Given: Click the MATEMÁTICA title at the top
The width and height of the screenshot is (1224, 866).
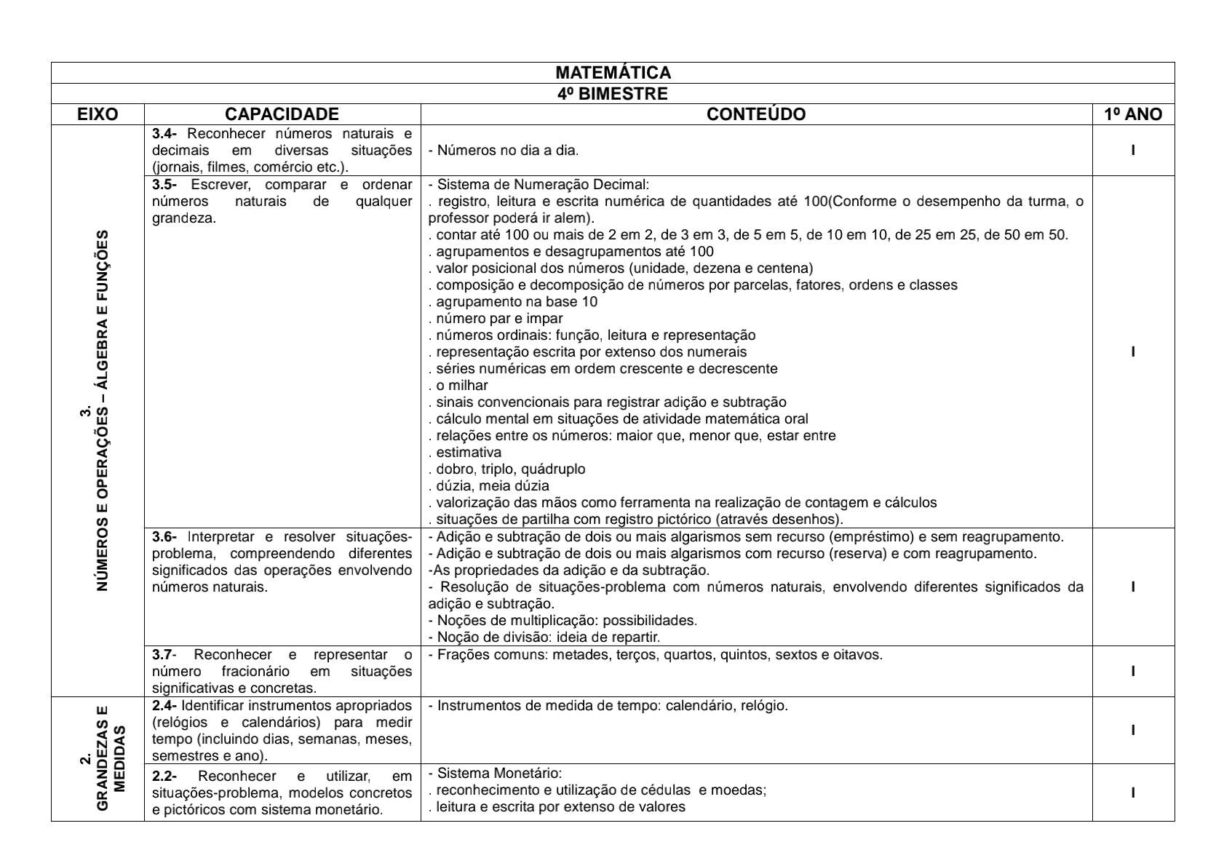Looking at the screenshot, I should [x=613, y=73].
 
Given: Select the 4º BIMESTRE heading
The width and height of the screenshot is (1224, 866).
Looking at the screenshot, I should [x=613, y=94].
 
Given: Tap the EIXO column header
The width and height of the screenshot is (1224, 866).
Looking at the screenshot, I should [x=98, y=114].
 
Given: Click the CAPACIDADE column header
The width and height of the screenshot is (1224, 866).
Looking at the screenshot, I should [x=282, y=114].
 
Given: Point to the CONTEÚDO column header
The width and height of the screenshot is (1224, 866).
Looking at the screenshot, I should [x=756, y=114].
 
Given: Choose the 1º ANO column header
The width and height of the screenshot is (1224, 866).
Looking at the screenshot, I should [x=1132, y=114].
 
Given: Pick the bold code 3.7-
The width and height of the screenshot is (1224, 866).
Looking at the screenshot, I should [x=164, y=655].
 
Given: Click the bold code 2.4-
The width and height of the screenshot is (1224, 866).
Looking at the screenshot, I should [x=164, y=706].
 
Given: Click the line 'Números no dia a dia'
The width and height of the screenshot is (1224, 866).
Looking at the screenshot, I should [x=504, y=151].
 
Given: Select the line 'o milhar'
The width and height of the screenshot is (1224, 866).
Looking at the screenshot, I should [x=458, y=386].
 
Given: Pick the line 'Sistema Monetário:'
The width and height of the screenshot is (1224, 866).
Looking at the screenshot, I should [x=496, y=774].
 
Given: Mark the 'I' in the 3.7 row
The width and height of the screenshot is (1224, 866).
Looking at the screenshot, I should [x=1133, y=672].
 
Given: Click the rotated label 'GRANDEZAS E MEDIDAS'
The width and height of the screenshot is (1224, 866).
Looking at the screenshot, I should [x=103, y=758].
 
